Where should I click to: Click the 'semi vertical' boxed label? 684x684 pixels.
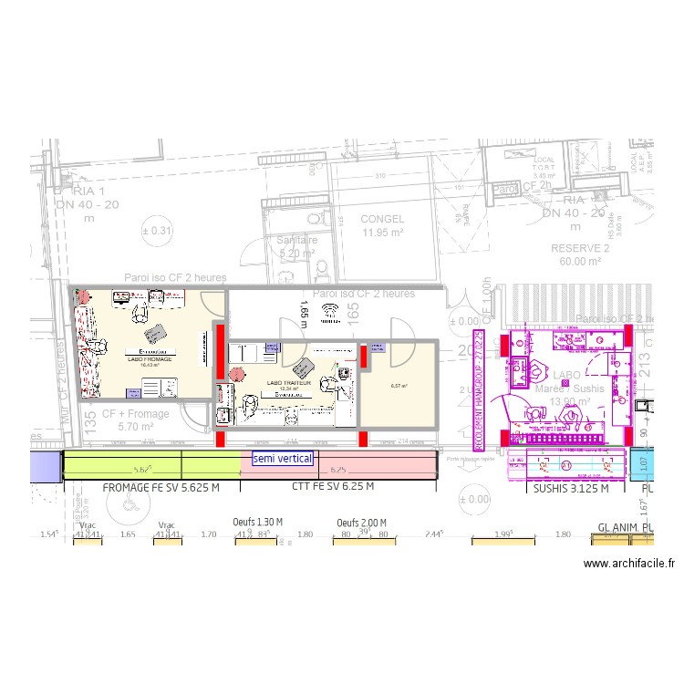[283, 459]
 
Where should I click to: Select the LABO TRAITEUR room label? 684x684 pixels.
[289, 384]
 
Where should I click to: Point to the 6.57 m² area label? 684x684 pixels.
[399, 386]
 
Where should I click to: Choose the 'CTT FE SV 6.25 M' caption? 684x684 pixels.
[332, 488]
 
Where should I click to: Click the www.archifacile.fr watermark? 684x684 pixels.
[629, 565]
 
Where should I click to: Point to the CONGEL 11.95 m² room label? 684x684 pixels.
[381, 225]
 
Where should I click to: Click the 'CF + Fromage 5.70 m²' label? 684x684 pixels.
[135, 420]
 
